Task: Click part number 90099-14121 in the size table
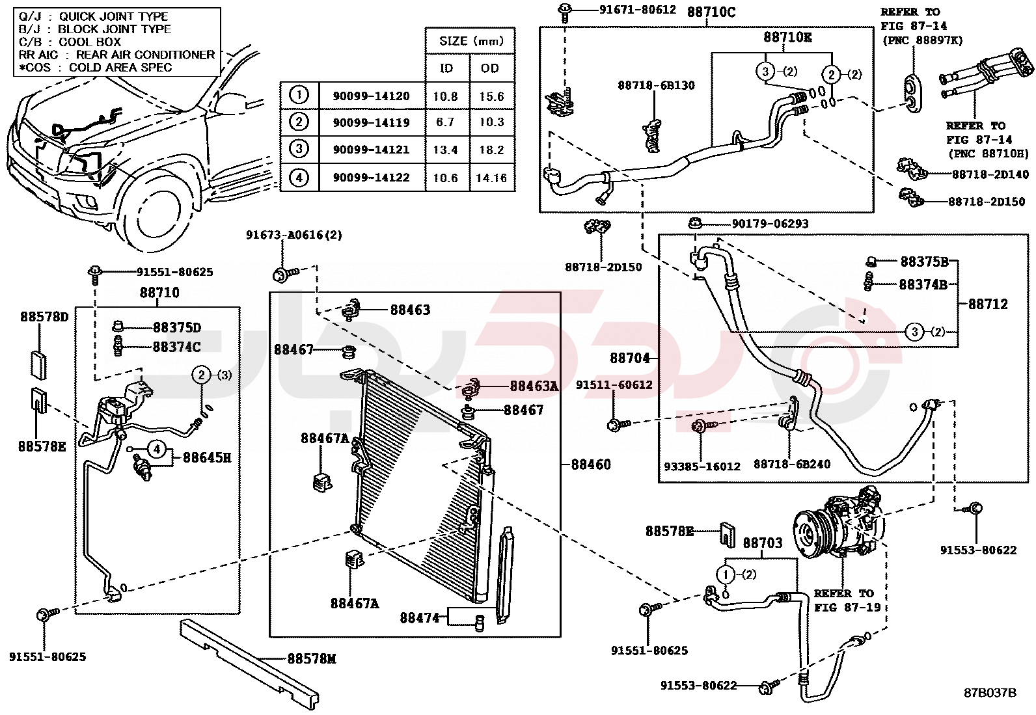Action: (371, 150)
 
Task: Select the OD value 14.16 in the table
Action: (491, 178)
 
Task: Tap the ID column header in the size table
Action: (446, 68)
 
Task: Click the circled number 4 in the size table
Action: (299, 177)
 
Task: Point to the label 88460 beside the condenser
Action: (591, 465)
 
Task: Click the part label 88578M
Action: (312, 659)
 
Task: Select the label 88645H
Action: (207, 458)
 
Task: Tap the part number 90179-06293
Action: (770, 224)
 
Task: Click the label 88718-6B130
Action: (656, 85)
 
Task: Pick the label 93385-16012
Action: (702, 466)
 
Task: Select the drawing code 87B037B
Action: (990, 693)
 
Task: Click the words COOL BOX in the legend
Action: (90, 42)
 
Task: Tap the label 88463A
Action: (534, 386)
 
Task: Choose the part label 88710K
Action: (787, 38)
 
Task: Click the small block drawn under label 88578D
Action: (38, 364)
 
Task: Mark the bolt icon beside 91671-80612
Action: (564, 10)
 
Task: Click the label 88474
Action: (420, 617)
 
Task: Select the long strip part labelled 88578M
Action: (251, 660)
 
